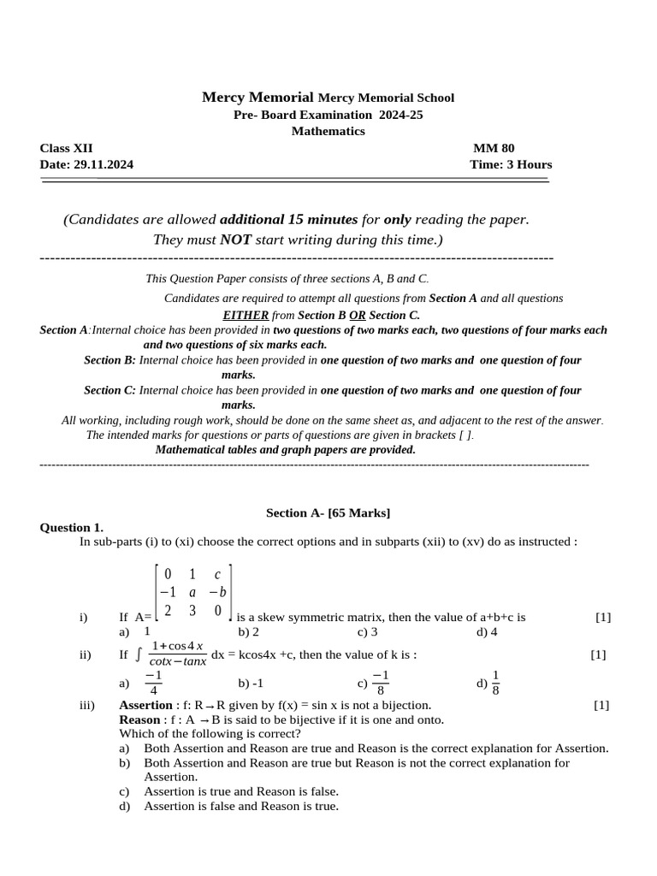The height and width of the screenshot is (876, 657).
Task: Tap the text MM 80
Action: tap(494, 148)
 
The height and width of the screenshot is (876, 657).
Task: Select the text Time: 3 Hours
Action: tap(511, 164)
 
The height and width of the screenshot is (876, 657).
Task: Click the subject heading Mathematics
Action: tap(328, 131)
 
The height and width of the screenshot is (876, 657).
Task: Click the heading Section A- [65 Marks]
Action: tap(328, 512)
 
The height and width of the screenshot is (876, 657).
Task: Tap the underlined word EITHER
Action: tap(246, 315)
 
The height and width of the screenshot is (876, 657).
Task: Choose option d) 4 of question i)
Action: tap(487, 632)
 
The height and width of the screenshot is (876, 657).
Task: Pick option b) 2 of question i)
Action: tap(248, 632)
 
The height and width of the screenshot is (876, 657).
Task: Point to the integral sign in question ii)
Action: tap(139, 654)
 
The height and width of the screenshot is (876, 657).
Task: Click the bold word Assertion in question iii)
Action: tap(145, 706)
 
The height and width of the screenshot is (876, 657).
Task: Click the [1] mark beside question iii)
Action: tap(601, 706)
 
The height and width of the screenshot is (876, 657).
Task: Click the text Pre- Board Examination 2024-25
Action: tap(328, 115)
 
